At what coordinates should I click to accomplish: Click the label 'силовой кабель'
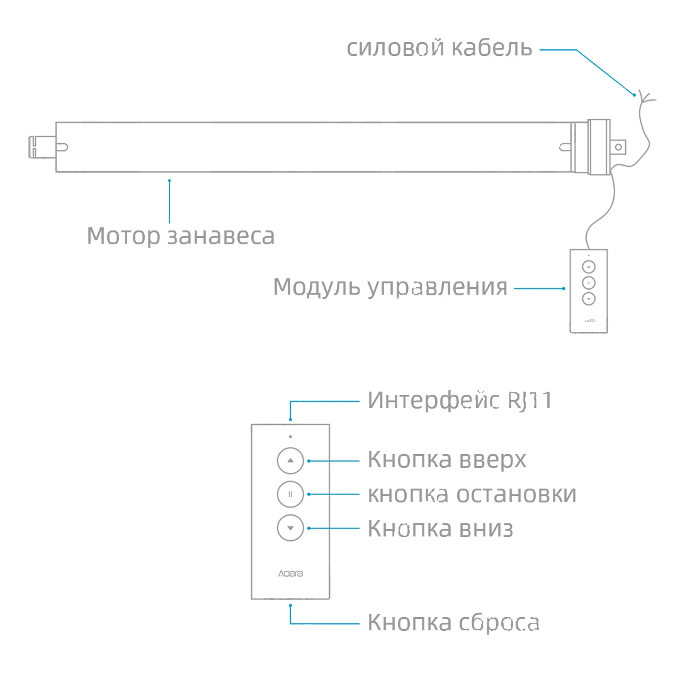[439, 48]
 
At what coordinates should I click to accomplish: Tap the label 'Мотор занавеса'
[181, 236]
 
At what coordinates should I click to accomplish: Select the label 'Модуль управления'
[390, 287]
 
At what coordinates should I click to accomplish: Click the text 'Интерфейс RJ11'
[460, 400]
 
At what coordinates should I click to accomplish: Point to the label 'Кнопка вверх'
[446, 460]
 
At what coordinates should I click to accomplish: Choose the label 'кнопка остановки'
[472, 494]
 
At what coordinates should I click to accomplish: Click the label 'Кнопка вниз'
[440, 528]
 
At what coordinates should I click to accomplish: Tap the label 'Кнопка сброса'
[453, 623]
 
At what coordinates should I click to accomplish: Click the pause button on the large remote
[290, 494]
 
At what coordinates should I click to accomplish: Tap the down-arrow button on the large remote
[290, 528]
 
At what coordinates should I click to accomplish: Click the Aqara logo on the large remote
[290, 574]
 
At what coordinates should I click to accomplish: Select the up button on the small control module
[589, 266]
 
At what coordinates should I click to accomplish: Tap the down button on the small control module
[589, 299]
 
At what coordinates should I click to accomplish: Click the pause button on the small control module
[589, 283]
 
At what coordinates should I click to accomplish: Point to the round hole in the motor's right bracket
[618, 147]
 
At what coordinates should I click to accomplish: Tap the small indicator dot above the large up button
[290, 436]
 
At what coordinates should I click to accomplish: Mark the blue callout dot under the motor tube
[169, 181]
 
